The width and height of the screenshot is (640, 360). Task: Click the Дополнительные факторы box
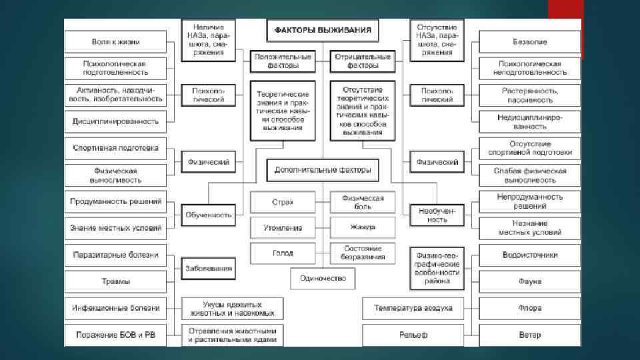[323, 170]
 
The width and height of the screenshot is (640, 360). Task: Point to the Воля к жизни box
[116, 42]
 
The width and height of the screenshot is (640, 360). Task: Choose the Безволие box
[530, 42]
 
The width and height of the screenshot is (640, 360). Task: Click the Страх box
[283, 202]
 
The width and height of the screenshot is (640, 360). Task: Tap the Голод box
[283, 253]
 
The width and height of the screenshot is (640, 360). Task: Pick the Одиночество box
[323, 277]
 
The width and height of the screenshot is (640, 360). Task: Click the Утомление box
[283, 227]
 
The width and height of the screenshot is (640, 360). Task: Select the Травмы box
[116, 281]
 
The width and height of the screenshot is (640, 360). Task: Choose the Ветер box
[530, 335]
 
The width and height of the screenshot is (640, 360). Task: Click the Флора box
[530, 308]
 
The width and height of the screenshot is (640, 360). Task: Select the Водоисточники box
[530, 255]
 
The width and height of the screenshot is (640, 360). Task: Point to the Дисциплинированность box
[116, 121]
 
